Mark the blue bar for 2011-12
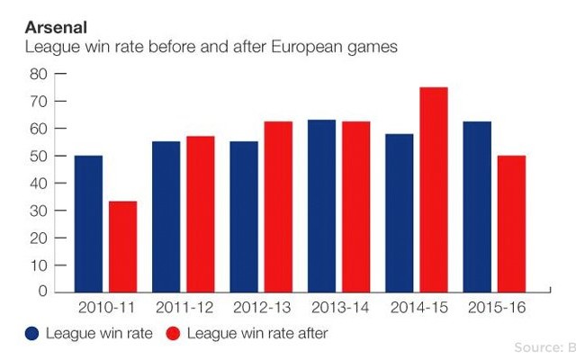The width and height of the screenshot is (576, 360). (x=166, y=216)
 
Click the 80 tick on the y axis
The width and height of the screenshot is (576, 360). (x=38, y=74)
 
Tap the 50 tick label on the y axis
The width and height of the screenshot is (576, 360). (x=38, y=156)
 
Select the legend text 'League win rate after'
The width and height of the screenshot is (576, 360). (x=257, y=334)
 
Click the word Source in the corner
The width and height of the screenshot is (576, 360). (x=536, y=346)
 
